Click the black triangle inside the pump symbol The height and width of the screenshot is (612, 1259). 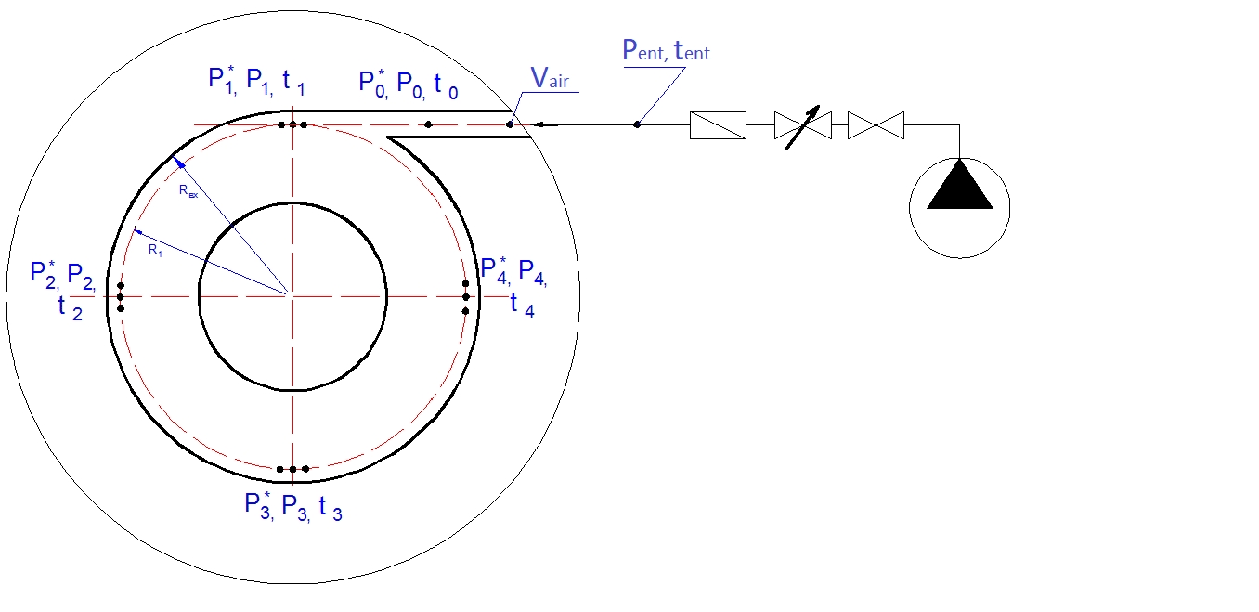point(960,189)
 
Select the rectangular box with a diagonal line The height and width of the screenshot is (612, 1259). point(719,124)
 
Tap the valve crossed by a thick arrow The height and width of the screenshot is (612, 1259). point(802,125)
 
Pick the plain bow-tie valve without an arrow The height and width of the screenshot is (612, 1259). point(876,125)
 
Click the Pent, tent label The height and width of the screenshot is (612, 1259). point(666,50)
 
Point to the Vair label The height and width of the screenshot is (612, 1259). point(550,78)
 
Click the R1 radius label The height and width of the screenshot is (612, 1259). point(155,250)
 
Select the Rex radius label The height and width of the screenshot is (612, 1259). point(188,191)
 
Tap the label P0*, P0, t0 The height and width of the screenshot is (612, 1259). point(409,85)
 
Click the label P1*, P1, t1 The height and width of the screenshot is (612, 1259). point(257,81)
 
